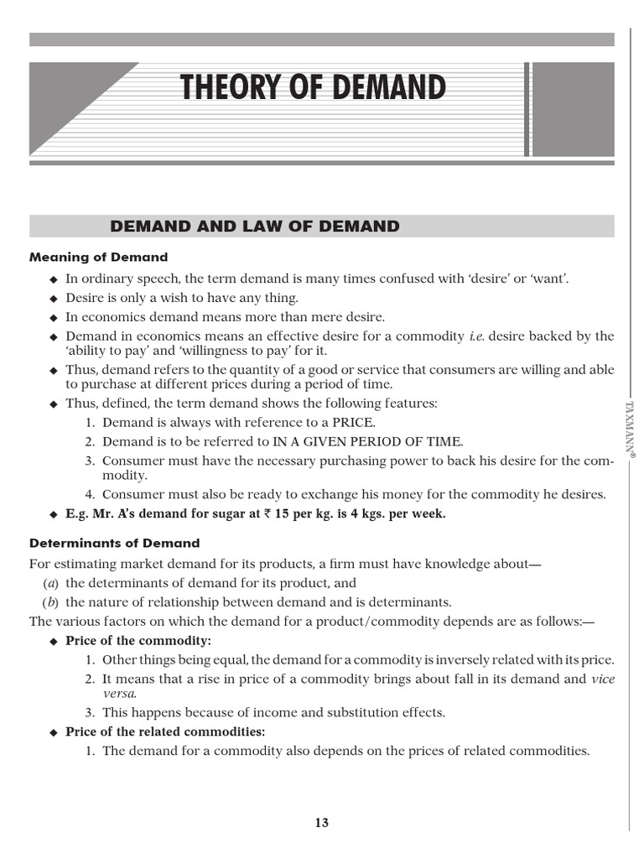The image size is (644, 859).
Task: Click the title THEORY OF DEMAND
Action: [312, 89]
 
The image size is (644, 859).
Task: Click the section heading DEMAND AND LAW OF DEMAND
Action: [255, 226]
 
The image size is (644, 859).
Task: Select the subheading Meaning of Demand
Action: [99, 258]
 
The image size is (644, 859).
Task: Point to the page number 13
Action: [322, 823]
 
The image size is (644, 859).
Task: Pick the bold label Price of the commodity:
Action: [132, 641]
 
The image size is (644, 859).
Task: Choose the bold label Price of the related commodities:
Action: [165, 731]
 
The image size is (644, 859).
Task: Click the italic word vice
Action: [602, 679]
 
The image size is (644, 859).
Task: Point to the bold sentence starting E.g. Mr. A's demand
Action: [256, 514]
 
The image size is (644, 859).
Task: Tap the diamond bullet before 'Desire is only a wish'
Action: [54, 298]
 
